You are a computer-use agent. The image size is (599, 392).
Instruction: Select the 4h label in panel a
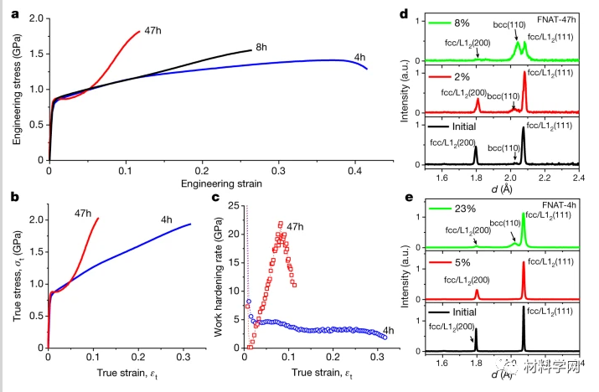(359, 57)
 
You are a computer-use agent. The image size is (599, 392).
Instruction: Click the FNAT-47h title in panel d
(560, 15)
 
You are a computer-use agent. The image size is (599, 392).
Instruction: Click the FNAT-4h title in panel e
(563, 208)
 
